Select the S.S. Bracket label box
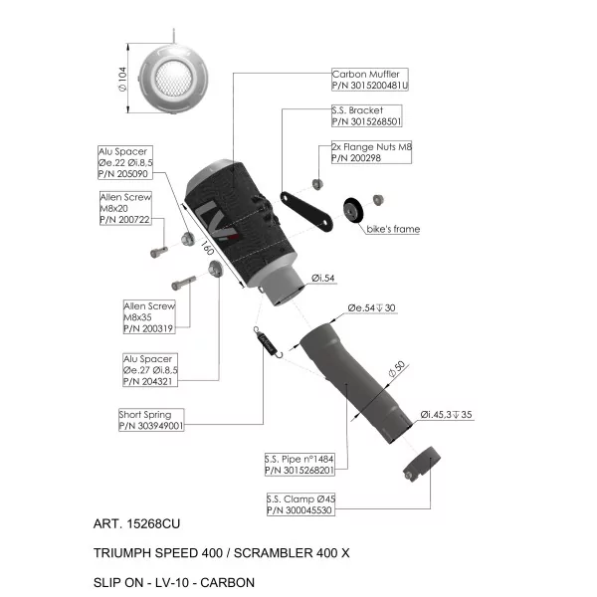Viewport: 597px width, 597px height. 366,115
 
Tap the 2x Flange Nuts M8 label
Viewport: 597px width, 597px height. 371,152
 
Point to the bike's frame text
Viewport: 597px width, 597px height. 393,229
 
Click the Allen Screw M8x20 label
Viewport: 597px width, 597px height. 125,208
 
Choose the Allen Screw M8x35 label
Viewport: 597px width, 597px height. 149,317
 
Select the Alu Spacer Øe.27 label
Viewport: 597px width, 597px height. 150,370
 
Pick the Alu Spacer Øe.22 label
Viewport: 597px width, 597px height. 125,162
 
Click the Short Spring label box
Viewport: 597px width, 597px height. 151,420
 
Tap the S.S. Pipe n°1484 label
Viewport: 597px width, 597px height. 299,465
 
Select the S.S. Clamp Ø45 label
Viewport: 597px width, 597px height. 300,504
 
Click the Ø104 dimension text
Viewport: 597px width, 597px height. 122,80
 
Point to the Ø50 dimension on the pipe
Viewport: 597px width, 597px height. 397,368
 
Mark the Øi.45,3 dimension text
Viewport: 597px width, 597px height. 446,414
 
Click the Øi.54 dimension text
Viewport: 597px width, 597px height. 322,278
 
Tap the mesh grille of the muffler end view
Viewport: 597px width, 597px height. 173,79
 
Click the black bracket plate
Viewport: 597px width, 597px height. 306,212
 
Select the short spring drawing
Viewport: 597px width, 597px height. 269,342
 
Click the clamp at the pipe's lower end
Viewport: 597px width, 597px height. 422,464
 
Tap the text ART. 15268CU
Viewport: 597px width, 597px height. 136,524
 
